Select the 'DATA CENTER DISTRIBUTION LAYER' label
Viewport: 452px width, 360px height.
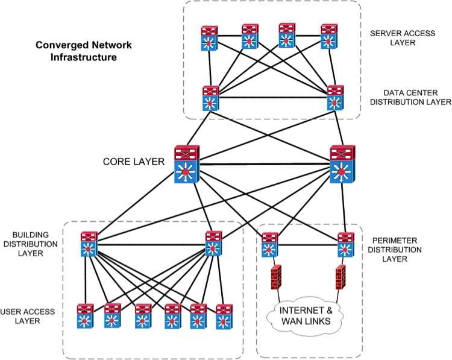[x=407, y=98]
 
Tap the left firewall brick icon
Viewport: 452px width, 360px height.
[x=277, y=276]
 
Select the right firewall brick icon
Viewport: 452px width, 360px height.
[x=339, y=276]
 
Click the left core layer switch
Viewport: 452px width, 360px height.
[x=187, y=164]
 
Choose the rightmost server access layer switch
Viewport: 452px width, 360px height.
[x=328, y=37]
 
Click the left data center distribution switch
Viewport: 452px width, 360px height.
[x=210, y=98]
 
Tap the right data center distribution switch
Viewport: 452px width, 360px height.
[x=334, y=98]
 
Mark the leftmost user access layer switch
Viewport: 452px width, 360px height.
[x=85, y=316]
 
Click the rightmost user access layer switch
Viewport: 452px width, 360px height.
[x=224, y=316]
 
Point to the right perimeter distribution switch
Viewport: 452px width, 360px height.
[x=345, y=244]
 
